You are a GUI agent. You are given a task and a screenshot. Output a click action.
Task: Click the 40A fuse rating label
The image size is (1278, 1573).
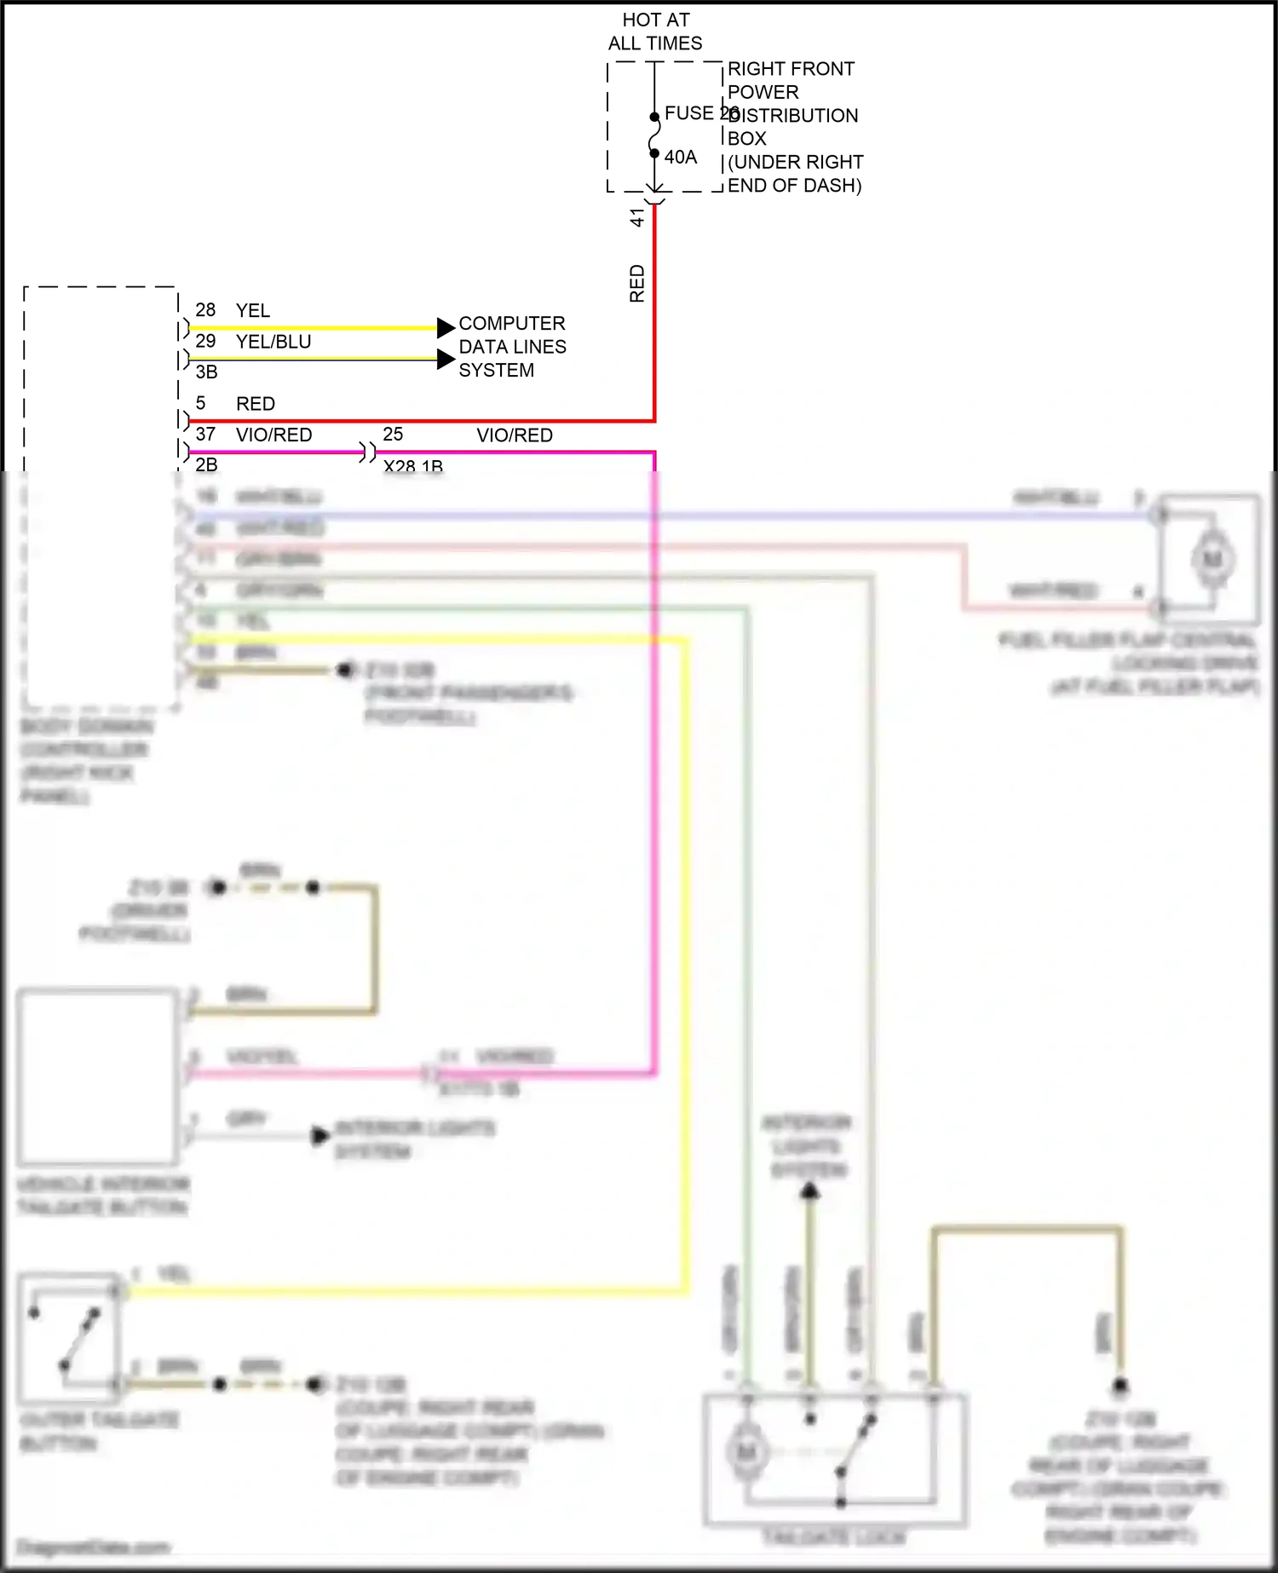click(x=681, y=158)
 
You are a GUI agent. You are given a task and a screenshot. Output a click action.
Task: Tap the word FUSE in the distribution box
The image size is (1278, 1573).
click(x=688, y=113)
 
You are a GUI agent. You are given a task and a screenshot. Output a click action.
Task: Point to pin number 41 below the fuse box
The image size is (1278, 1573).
click(x=636, y=218)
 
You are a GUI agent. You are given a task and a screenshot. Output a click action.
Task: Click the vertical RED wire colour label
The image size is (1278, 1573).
click(x=636, y=284)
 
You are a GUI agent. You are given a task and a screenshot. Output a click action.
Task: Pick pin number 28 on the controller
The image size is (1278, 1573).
click(x=205, y=310)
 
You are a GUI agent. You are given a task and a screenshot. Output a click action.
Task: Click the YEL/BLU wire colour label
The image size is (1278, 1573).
click(x=273, y=342)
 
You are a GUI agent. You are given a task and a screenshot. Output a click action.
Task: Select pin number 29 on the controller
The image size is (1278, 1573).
click(x=205, y=342)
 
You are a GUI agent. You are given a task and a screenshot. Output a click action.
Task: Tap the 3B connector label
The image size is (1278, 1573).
click(x=206, y=372)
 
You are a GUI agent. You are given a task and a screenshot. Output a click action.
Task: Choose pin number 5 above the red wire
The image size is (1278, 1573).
click(x=200, y=403)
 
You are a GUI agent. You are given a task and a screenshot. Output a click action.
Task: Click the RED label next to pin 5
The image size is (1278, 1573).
click(x=256, y=404)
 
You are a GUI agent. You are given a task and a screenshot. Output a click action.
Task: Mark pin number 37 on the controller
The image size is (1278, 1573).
click(x=205, y=435)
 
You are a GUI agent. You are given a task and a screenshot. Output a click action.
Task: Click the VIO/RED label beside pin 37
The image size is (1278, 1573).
click(x=273, y=435)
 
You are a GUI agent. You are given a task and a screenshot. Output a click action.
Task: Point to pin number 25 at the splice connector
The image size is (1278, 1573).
click(x=393, y=435)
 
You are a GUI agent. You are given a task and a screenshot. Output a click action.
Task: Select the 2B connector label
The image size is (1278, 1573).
click(x=206, y=464)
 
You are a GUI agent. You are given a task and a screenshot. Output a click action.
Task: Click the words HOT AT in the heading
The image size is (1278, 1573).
click(x=656, y=20)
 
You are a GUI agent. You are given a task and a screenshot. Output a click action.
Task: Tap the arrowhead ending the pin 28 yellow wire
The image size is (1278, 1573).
click(x=446, y=328)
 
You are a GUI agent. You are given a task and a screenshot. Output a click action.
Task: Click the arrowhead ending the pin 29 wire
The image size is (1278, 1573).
click(x=446, y=360)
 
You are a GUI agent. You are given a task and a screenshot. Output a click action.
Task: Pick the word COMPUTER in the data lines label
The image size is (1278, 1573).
click(x=512, y=324)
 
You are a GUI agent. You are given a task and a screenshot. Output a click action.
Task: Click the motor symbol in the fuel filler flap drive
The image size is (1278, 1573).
click(x=1212, y=560)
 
